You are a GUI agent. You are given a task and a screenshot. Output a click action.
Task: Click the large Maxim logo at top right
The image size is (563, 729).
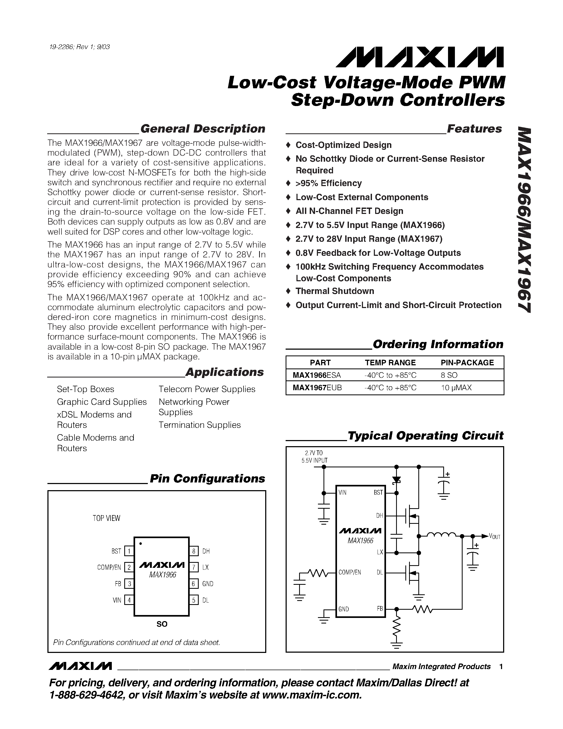(420, 57)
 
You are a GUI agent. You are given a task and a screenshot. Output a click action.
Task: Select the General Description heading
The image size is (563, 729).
(203, 129)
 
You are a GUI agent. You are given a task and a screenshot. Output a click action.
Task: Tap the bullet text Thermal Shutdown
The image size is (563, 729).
(335, 291)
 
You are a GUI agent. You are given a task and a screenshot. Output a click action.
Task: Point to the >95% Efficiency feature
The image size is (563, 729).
(328, 183)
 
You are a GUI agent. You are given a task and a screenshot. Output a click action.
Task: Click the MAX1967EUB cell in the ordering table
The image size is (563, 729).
(317, 388)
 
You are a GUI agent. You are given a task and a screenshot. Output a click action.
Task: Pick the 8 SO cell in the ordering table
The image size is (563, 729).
(449, 375)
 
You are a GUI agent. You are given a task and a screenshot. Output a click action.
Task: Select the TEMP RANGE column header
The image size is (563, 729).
(390, 362)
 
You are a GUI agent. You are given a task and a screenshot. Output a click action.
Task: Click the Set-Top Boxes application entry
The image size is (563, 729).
(85, 389)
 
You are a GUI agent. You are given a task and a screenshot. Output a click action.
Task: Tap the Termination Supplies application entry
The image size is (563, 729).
(200, 425)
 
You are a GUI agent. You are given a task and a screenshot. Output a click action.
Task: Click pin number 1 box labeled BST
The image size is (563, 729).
(129, 551)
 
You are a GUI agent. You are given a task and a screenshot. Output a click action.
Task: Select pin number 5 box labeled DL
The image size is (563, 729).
(193, 600)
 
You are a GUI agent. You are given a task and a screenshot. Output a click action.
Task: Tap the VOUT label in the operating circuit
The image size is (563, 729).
(494, 536)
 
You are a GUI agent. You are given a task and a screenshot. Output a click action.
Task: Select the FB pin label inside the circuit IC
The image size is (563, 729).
(380, 608)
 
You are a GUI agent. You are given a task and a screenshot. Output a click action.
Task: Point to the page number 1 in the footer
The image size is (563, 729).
(501, 667)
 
